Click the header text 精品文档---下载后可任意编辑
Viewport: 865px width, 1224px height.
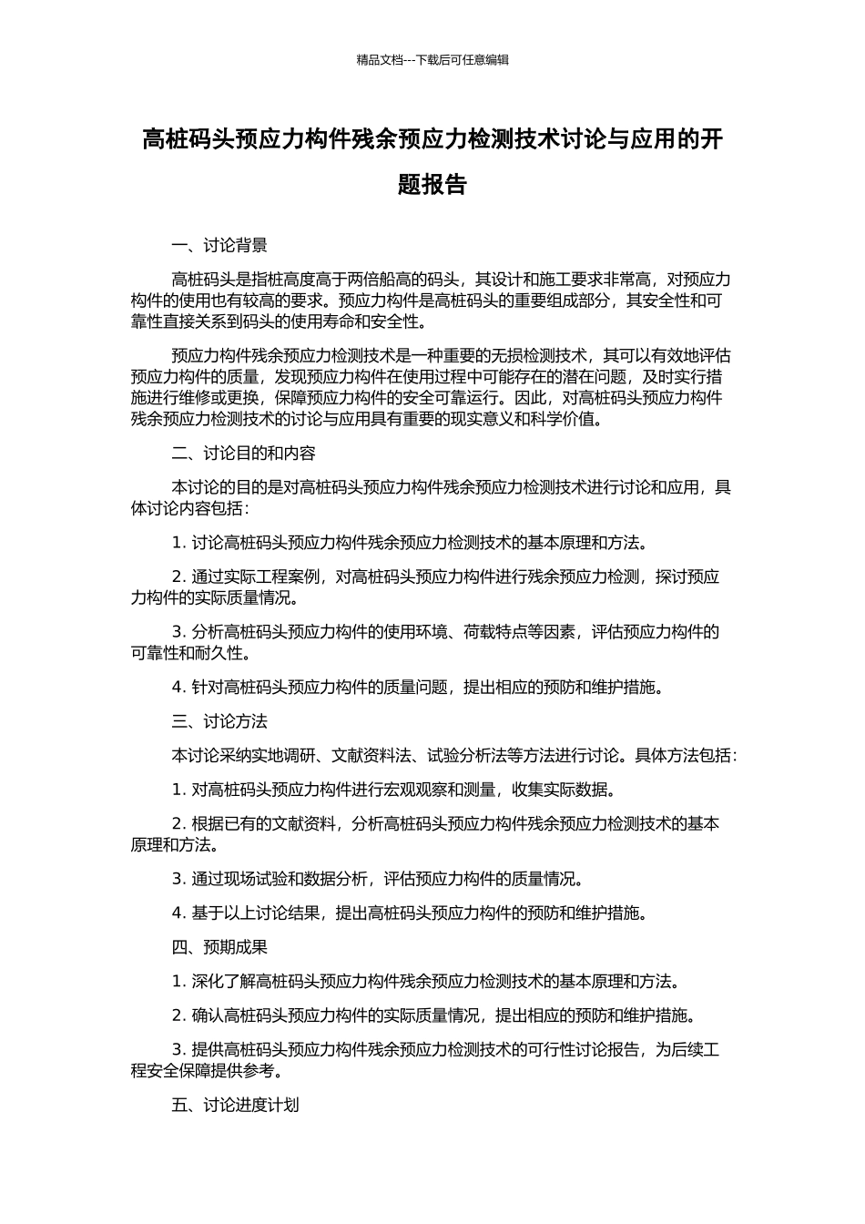432,60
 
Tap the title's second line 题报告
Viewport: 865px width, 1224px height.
432,185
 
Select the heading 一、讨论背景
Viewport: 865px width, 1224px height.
219,245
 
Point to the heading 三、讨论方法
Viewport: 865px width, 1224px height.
219,721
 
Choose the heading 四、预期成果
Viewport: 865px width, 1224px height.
219,947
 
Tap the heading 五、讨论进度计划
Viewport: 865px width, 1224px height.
235,1106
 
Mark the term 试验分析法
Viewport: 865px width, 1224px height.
467,755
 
